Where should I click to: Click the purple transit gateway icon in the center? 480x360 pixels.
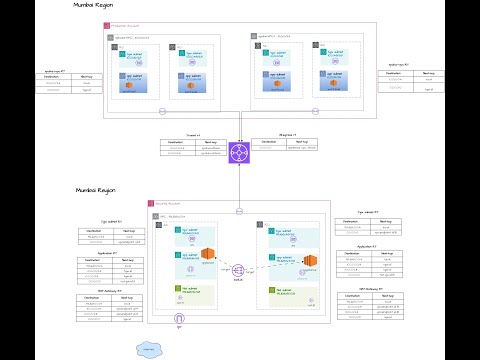(x=240, y=152)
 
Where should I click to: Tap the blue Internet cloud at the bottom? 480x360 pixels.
(x=150, y=349)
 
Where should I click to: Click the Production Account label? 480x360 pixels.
(x=126, y=25)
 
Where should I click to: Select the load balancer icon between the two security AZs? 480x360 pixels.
(x=238, y=270)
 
